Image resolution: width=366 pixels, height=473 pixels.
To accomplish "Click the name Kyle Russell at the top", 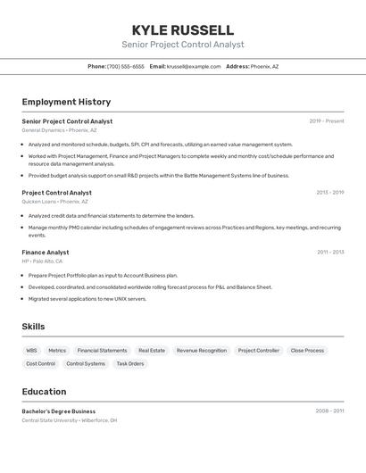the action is point(182,29).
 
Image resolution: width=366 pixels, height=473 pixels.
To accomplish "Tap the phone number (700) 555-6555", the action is point(125,66).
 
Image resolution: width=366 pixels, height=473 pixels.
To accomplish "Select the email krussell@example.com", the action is point(194,66).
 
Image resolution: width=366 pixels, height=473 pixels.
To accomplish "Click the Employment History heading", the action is point(66,102).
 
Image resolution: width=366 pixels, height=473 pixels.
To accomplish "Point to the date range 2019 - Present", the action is point(326,121).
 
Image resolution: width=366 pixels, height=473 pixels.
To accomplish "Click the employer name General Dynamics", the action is point(43,130).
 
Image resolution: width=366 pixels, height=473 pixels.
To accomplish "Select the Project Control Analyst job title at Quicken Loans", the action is point(56,193).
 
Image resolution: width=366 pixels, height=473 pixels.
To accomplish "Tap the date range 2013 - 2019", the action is point(329,193).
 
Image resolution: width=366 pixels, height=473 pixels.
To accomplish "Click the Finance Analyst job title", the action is point(46,253).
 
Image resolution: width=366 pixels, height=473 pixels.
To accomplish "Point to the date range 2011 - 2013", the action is point(330,253).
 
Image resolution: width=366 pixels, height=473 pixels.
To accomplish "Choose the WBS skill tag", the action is point(32,351).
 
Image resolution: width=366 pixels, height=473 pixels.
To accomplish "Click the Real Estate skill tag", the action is point(152,351).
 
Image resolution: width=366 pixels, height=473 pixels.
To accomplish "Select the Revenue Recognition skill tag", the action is point(202,351).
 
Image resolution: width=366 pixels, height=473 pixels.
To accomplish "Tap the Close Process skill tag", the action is point(307,351).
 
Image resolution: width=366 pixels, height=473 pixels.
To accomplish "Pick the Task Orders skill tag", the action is point(129,364).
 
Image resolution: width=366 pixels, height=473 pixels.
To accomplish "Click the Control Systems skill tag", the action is point(86,364).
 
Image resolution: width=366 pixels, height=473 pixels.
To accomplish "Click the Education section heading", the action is point(44,392).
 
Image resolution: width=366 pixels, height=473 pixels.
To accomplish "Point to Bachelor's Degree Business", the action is point(59,411).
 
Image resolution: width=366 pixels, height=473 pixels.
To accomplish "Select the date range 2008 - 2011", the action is point(329,411).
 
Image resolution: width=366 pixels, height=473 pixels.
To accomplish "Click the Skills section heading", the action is point(33,327).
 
